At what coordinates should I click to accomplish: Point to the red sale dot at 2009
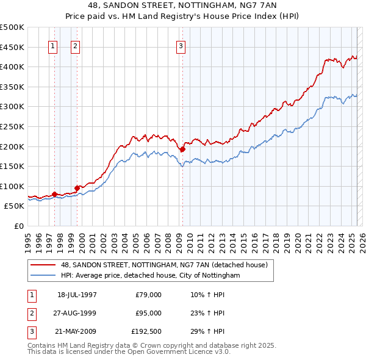pos(182,149)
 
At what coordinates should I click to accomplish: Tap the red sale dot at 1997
pos(54,194)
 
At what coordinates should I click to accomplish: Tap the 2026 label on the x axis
pos(361,240)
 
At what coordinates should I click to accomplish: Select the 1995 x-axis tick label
pos(27,240)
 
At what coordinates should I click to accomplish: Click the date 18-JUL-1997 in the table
pos(77,295)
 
